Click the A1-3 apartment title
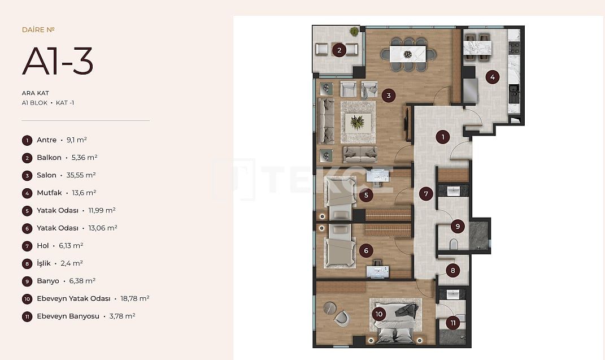[58, 61]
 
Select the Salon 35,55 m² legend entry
[59, 175]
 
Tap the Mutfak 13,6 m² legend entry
[59, 193]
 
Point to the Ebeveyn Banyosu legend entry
[79, 316]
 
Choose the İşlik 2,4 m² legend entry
[53, 263]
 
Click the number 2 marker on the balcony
[339, 50]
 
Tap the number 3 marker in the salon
[389, 96]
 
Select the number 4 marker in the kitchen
[493, 77]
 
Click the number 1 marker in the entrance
[442, 137]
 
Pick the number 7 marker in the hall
[426, 194]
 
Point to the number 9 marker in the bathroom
[458, 226]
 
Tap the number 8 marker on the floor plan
[453, 271]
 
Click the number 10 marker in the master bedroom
[379, 314]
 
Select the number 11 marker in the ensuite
[453, 323]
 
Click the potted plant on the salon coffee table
[357, 123]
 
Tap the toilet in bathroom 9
[454, 244]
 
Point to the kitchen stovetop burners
[514, 48]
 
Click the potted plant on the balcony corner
[354, 31]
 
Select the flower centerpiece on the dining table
[407, 54]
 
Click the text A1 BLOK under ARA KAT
[34, 103]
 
